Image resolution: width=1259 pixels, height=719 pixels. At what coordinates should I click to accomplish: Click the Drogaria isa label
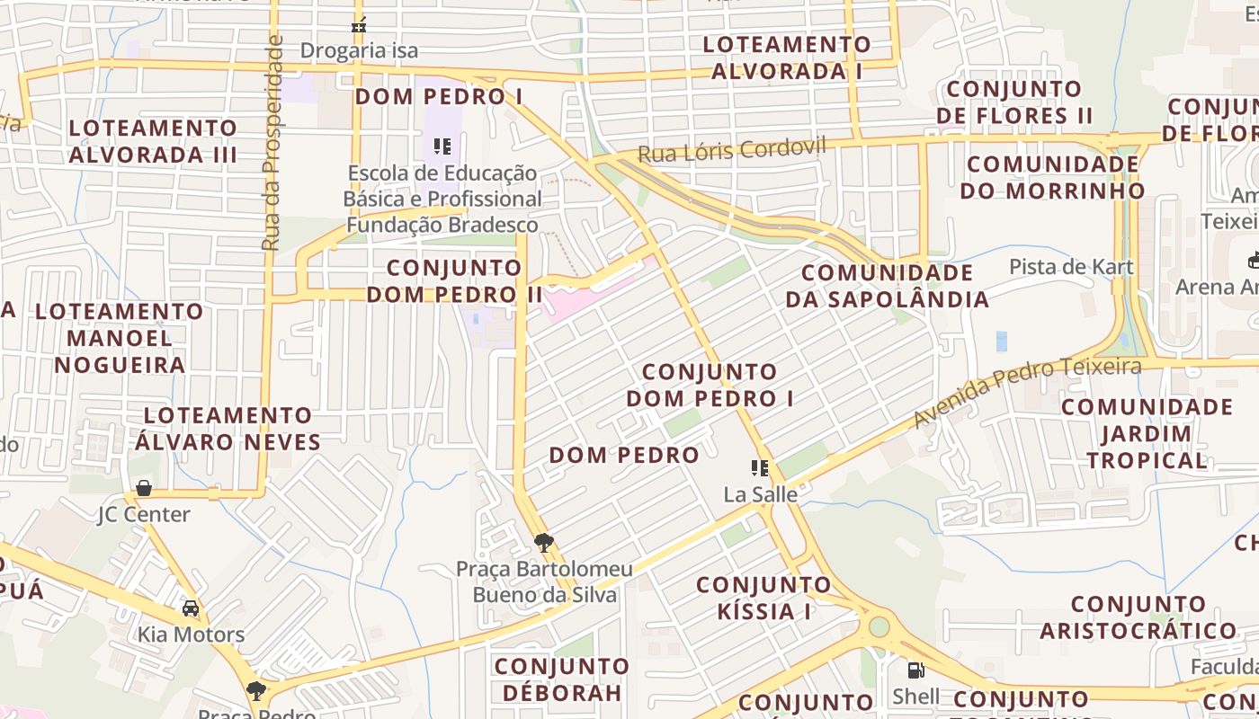[359, 50]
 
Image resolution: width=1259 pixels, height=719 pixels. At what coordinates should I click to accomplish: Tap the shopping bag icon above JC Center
[143, 488]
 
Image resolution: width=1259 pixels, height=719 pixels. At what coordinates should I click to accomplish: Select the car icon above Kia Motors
[191, 608]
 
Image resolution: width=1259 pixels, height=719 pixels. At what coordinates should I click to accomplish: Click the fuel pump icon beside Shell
[915, 670]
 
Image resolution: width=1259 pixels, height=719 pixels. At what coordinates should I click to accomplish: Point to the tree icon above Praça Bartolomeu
[543, 542]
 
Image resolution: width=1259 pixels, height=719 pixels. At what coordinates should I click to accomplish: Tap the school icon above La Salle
[760, 467]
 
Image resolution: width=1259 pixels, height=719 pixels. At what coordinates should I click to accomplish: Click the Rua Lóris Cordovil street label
[731, 149]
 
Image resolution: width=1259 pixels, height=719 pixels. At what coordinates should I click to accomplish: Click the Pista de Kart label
[1071, 267]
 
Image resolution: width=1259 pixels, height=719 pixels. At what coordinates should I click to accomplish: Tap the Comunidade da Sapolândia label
[887, 286]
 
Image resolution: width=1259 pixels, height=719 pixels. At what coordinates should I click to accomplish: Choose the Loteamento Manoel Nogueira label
[120, 338]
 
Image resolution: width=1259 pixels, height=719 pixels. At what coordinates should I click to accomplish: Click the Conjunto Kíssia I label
[764, 599]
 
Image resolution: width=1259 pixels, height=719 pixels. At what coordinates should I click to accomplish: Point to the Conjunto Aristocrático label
[1138, 617]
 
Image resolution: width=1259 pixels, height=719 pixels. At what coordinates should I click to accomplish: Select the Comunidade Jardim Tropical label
[1147, 433]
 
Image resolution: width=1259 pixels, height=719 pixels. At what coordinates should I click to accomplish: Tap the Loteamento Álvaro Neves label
[228, 429]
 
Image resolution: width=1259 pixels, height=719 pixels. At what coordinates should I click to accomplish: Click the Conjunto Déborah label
[562, 679]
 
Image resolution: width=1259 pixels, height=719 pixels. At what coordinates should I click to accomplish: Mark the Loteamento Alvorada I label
[787, 58]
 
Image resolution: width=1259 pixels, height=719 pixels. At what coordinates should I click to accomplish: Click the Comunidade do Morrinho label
[1052, 177]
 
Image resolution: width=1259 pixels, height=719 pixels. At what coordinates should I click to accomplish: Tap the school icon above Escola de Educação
[442, 146]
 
